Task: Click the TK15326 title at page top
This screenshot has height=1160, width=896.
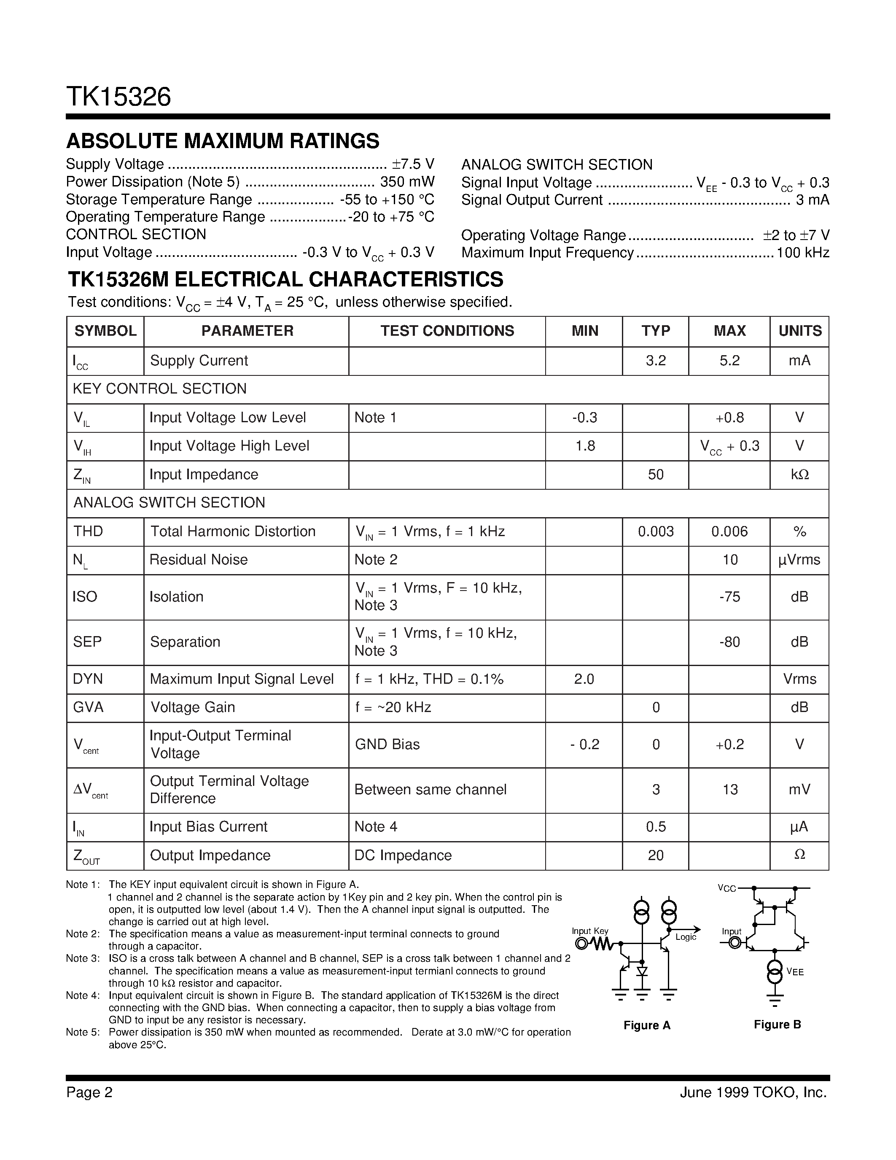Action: pos(118,97)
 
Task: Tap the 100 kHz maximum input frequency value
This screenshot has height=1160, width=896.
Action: pos(802,253)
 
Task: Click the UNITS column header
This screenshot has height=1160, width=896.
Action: pos(799,331)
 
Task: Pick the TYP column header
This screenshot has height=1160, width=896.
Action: pos(656,331)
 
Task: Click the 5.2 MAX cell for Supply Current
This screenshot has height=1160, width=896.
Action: pos(729,361)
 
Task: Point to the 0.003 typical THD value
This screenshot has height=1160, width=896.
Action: pos(656,531)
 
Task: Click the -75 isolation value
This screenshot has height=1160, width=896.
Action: pos(729,596)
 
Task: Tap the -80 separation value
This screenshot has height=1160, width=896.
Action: pos(729,642)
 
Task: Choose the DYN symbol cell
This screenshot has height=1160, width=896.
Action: pos(88,679)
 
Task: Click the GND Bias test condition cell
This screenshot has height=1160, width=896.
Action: pos(387,744)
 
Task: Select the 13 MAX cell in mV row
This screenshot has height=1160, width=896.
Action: pos(730,790)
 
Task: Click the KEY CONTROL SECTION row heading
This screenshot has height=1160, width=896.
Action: pos(160,389)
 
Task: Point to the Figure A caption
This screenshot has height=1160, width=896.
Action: pos(646,1025)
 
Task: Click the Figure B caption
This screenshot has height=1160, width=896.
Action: pos(777,1024)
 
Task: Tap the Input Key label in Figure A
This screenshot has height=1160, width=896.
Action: pos(590,931)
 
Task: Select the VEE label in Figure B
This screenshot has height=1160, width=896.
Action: pos(795,972)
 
